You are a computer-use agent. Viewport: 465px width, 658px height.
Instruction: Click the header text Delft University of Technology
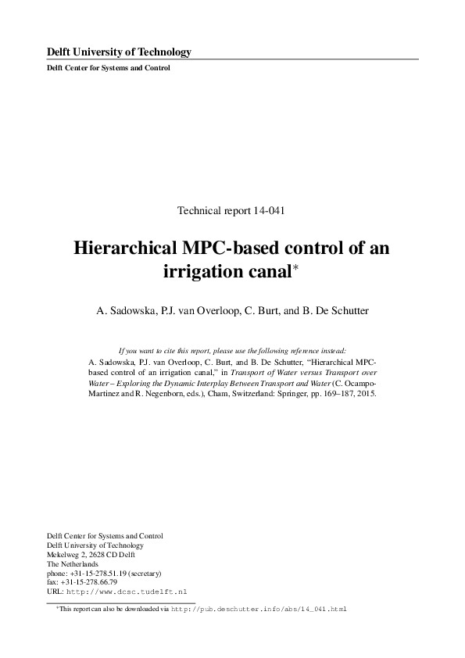point(120,52)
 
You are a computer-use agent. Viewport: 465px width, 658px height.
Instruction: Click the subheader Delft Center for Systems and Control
point(109,68)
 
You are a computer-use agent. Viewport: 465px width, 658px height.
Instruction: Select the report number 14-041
point(274,210)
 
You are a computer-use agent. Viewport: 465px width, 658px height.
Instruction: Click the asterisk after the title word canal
point(295,267)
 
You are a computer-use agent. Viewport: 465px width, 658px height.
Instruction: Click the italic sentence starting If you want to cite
point(231,351)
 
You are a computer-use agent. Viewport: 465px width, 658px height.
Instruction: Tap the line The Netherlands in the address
point(73,563)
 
